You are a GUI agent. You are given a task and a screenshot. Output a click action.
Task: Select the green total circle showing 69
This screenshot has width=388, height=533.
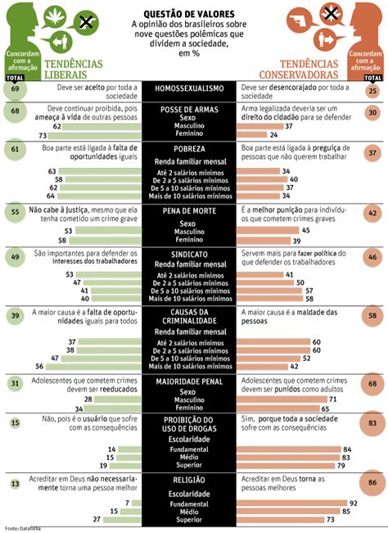click(16, 89)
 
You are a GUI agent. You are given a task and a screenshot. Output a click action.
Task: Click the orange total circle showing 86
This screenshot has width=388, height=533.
click(372, 484)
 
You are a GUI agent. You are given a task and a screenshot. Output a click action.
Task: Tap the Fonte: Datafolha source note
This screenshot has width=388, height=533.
click(22, 527)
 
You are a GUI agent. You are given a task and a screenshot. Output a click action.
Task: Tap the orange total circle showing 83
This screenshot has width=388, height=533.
click(372, 423)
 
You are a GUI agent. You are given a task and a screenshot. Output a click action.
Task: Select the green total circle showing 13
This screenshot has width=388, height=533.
click(16, 484)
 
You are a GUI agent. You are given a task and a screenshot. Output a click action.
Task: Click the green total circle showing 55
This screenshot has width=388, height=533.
click(16, 211)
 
